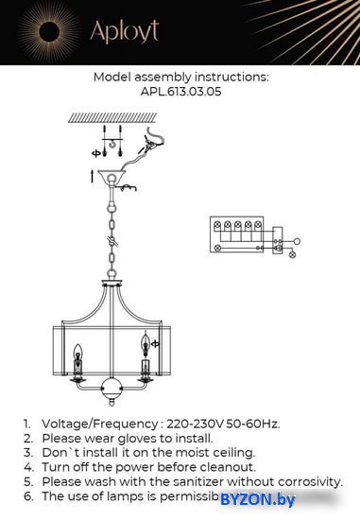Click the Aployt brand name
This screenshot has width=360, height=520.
point(124,32)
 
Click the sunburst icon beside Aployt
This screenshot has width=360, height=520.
point(44,34)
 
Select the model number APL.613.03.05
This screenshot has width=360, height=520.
point(180,93)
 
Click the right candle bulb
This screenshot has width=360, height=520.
point(146,345)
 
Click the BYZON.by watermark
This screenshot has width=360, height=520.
point(257,498)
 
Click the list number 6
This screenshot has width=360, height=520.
point(27,495)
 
